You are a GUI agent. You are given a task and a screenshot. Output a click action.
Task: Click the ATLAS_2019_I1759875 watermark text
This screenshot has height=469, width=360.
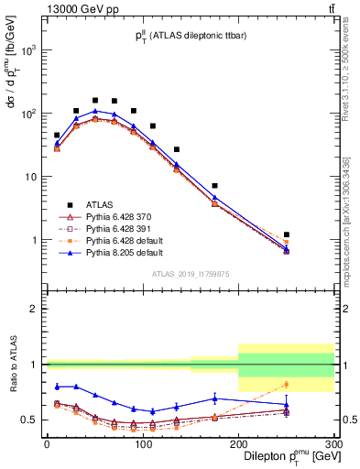pyautogui.click(x=191, y=272)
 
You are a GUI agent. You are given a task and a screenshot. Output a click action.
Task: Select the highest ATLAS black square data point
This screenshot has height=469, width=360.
pyautogui.click(x=94, y=100)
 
